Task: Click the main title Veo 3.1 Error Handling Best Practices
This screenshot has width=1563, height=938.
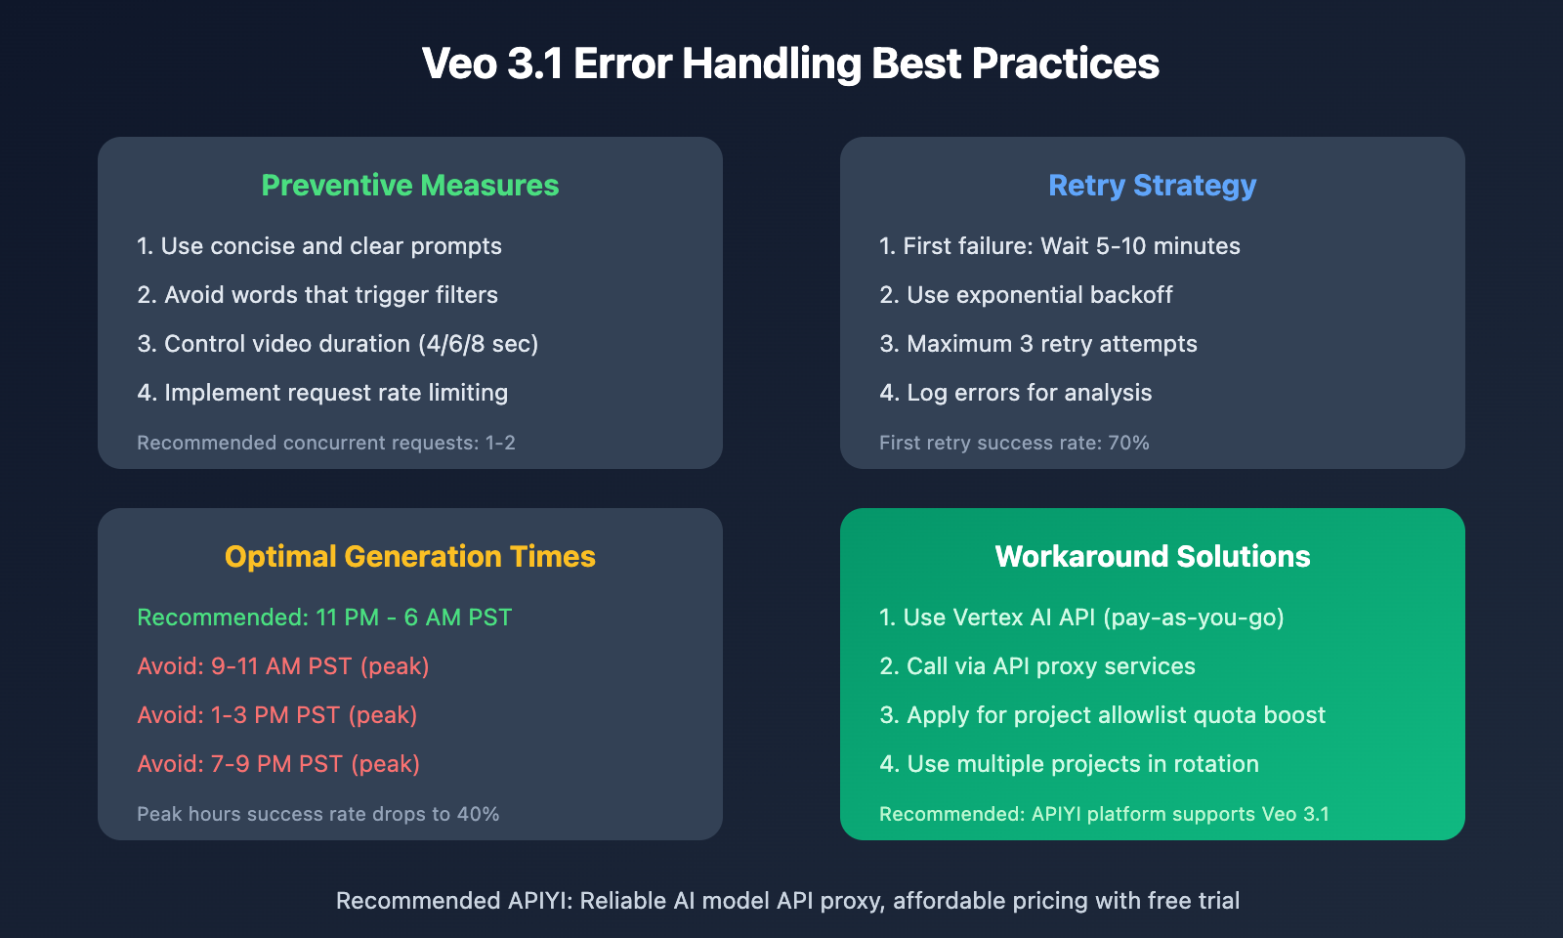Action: (790, 64)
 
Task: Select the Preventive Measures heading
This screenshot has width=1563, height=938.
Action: (410, 186)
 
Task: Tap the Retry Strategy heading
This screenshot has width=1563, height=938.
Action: (1152, 186)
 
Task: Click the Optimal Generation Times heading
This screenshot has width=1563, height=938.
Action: (410, 557)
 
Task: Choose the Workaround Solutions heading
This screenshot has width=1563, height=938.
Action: (1152, 557)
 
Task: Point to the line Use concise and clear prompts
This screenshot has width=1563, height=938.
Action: (319, 246)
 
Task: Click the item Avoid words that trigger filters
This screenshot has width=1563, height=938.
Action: (317, 295)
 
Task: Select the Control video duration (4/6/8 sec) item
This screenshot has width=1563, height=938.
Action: (338, 344)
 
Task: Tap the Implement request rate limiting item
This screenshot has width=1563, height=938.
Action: (322, 393)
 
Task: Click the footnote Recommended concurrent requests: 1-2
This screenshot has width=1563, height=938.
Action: (326, 444)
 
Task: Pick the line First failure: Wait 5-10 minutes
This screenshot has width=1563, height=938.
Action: (1060, 246)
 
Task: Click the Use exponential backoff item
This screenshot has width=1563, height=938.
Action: (1026, 295)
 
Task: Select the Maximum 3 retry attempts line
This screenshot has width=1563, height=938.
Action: (1038, 344)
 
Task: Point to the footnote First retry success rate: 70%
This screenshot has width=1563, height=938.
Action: (1014, 444)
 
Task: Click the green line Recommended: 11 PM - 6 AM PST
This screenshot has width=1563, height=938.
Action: (324, 618)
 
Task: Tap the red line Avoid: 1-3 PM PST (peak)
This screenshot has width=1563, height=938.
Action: (277, 715)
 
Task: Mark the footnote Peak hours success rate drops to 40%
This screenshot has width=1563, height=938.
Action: (318, 815)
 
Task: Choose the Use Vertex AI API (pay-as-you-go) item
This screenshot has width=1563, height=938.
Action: (1081, 618)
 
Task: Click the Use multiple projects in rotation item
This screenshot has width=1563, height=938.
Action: (1069, 764)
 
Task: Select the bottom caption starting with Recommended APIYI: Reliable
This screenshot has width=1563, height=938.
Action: (787, 901)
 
